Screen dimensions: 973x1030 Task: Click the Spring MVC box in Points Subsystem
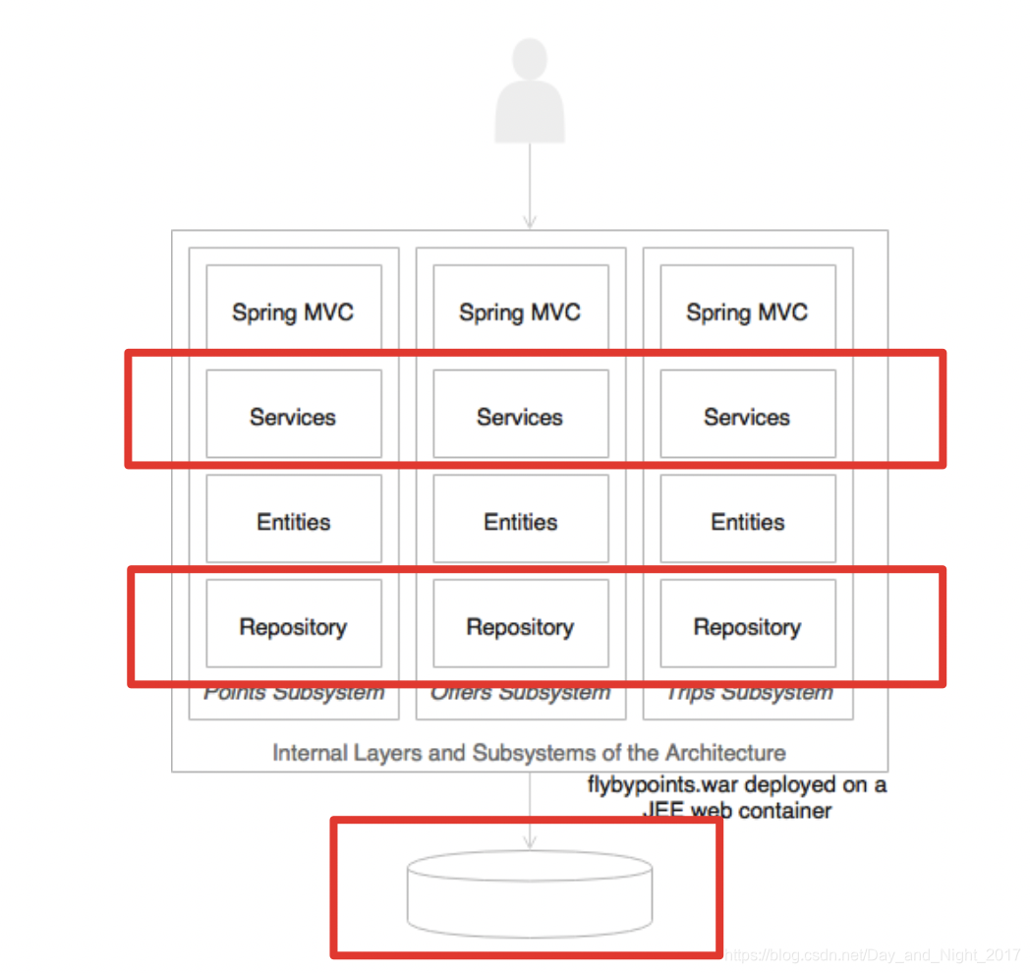tap(293, 313)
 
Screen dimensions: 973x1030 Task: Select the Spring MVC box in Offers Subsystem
tap(520, 313)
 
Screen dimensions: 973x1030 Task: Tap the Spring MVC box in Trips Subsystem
tap(747, 313)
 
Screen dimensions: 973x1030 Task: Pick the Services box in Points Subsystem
tap(293, 417)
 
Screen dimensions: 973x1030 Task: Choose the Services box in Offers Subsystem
tap(520, 417)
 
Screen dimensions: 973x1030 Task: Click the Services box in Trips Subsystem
tap(747, 417)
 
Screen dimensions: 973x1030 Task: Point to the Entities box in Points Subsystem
tap(293, 522)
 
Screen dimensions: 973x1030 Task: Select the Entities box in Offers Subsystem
tap(520, 522)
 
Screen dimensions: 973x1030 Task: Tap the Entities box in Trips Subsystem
tap(747, 522)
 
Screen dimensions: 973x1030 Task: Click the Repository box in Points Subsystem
tap(293, 626)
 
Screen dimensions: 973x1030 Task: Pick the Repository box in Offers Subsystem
tap(520, 626)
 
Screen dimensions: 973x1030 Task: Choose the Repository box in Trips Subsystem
tap(747, 626)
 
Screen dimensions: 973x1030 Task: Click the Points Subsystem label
tap(294, 694)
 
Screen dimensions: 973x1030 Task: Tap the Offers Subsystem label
tap(520, 694)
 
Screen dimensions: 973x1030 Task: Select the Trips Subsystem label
tap(748, 694)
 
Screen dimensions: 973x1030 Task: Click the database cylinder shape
tap(530, 893)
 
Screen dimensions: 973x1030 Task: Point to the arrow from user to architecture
tap(530, 187)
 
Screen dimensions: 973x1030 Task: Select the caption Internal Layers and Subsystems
tap(529, 753)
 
